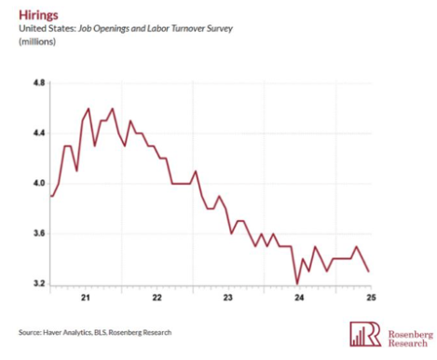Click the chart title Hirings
point(38,15)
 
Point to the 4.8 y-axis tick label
point(39,83)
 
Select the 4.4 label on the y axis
point(39,133)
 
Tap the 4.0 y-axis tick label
point(39,183)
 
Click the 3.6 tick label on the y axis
point(39,233)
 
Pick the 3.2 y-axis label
point(39,284)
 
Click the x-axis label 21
point(86,298)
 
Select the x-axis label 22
point(157,298)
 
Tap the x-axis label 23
point(228,298)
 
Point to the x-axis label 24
point(299,298)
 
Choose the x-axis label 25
point(371,298)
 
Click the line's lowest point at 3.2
point(297,284)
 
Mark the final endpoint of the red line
point(369,271)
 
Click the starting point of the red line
point(51,196)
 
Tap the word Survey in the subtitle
point(220,29)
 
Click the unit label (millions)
point(37,42)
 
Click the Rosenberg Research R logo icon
point(365,334)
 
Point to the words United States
point(48,29)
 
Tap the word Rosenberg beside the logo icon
point(411,334)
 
